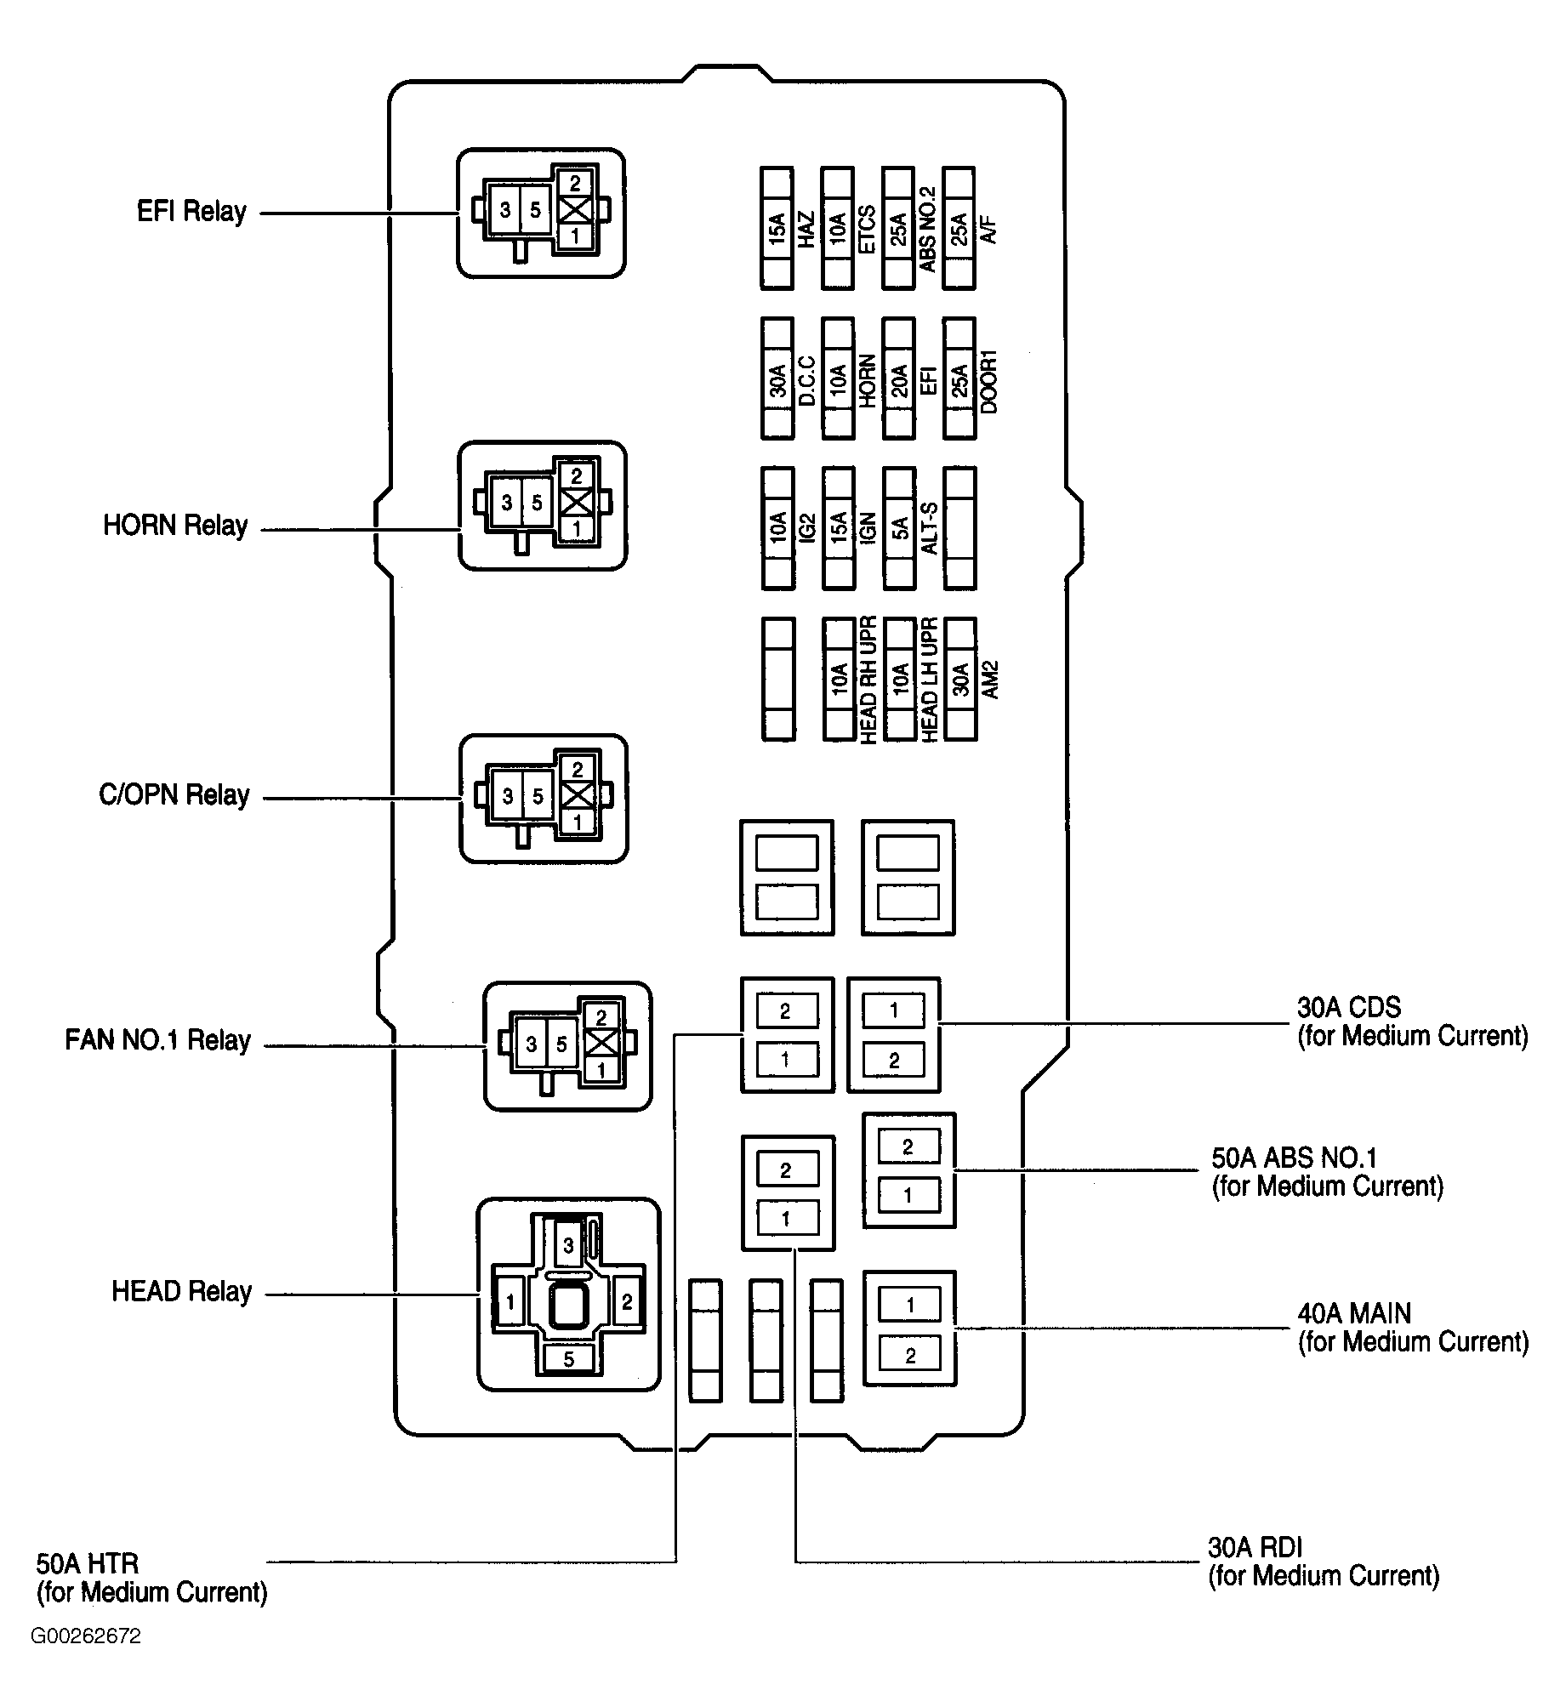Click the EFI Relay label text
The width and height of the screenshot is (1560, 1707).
[192, 212]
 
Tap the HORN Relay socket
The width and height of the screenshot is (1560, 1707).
[543, 505]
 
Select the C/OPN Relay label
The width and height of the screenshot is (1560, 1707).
[174, 795]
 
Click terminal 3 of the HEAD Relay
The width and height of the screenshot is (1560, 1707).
[569, 1246]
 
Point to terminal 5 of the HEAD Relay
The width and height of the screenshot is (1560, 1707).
[568, 1359]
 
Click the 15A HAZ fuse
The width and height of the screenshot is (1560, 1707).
[777, 229]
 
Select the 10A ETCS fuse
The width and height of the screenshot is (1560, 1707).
[838, 229]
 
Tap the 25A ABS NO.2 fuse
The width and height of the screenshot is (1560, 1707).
[899, 229]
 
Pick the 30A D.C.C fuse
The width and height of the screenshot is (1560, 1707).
[777, 378]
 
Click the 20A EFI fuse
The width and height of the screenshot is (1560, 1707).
[900, 378]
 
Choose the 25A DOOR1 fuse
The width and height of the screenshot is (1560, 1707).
[960, 378]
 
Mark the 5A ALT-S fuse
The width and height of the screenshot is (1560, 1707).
[900, 528]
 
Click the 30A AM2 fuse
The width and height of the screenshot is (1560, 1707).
[960, 679]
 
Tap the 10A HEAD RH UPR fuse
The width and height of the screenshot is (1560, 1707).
[839, 679]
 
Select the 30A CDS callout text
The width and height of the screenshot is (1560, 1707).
[1413, 1021]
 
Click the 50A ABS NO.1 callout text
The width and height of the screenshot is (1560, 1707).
[1328, 1172]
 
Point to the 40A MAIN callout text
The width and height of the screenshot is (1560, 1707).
[1413, 1328]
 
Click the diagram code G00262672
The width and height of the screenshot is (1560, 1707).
[86, 1660]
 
